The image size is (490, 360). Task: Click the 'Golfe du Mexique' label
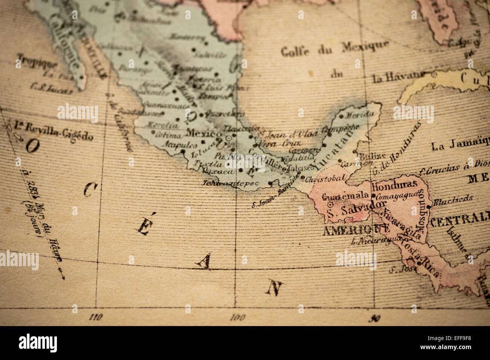tap(335, 48)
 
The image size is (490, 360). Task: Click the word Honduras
tap(394, 184)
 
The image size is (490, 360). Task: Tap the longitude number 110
tap(96, 317)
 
